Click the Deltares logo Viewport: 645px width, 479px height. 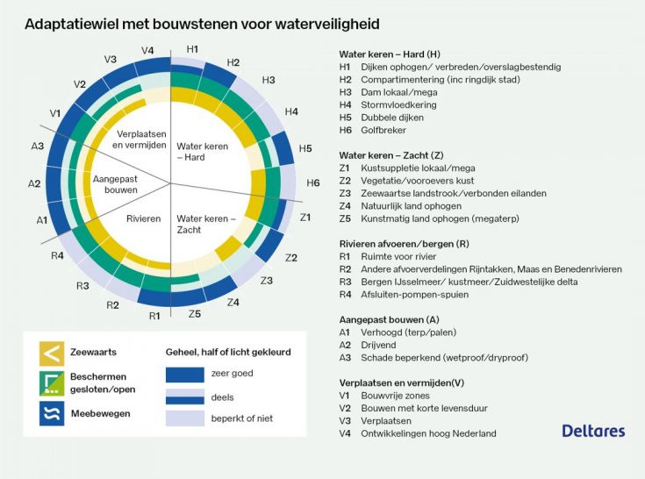tap(593, 431)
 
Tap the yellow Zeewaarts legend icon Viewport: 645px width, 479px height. tap(52, 354)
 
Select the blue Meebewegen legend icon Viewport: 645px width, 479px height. tap(52, 413)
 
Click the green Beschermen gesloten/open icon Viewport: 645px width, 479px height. tap(52, 383)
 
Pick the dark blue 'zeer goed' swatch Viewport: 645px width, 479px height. tap(185, 375)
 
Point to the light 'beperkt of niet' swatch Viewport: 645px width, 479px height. tap(185, 418)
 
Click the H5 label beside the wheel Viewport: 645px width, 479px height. tap(305, 148)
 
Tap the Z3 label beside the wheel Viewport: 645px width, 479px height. tap(267, 281)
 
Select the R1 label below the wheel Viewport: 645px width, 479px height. tap(154, 316)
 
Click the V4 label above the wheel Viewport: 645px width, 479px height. tap(147, 51)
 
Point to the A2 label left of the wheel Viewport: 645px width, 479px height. tap(34, 183)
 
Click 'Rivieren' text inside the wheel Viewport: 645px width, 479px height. tap(144, 218)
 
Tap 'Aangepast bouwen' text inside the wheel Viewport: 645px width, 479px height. tap(115, 184)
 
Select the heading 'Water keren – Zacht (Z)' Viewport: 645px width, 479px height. tap(391, 155)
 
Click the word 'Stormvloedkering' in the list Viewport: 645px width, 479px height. tap(398, 105)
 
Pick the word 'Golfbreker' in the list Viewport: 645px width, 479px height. tap(383, 131)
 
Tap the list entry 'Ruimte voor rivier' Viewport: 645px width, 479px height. tap(398, 257)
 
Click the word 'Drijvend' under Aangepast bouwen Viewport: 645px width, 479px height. tap(378, 346)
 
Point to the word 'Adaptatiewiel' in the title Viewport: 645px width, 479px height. tap(72, 25)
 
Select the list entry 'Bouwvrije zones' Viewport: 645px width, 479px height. tap(395, 396)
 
